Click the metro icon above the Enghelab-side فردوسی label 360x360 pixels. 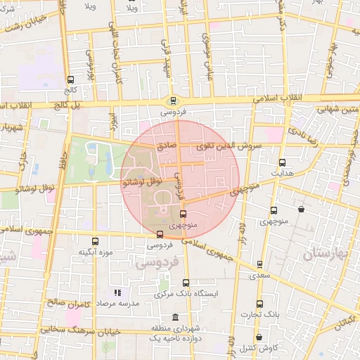coord(173,101)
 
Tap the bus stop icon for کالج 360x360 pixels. coord(70,79)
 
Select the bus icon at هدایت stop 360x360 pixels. coord(282,162)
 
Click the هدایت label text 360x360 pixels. coord(281,172)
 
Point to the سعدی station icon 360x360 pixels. coord(260,264)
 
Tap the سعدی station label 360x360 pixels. coord(260,275)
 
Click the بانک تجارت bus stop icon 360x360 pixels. coord(259,304)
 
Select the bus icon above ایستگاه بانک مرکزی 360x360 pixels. coord(186,283)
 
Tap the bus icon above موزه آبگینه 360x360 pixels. coord(84,241)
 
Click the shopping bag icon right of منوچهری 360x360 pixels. coord(301,209)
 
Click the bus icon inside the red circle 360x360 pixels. coord(184,213)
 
